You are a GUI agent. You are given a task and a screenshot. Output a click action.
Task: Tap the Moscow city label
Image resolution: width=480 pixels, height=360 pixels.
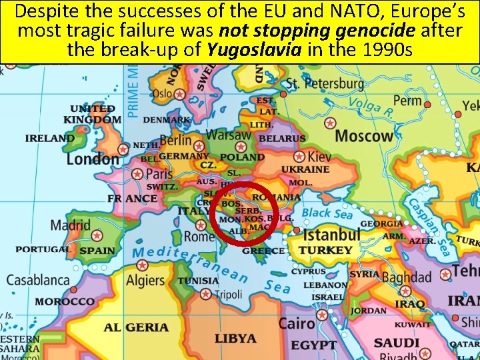(x=364, y=137)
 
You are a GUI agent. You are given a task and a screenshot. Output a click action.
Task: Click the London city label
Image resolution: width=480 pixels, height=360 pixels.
(x=92, y=159)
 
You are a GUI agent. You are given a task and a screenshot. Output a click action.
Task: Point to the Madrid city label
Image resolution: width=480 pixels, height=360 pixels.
(x=70, y=225)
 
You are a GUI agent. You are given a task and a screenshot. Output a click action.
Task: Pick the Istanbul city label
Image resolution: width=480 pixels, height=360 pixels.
(x=332, y=235)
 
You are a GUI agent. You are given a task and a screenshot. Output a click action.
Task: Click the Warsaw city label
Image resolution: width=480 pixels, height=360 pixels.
(x=229, y=135)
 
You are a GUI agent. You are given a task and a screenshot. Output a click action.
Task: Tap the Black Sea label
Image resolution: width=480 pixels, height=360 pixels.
(x=327, y=213)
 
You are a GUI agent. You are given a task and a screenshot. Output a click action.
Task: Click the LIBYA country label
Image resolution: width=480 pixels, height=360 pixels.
(x=235, y=338)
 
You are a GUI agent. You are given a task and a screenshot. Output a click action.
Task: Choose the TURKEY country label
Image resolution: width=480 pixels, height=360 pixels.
(x=325, y=250)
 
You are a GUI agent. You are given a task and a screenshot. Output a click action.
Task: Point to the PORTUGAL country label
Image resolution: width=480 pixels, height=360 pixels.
(x=43, y=249)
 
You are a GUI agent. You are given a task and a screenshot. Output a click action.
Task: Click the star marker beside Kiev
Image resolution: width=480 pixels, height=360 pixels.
(x=299, y=157)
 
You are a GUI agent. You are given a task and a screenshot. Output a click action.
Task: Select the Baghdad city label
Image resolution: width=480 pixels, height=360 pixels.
(x=407, y=275)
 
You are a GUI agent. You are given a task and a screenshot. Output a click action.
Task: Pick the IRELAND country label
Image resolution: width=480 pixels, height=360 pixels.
(x=49, y=138)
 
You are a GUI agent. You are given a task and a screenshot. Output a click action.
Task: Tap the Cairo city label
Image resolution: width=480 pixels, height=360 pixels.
(x=297, y=324)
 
